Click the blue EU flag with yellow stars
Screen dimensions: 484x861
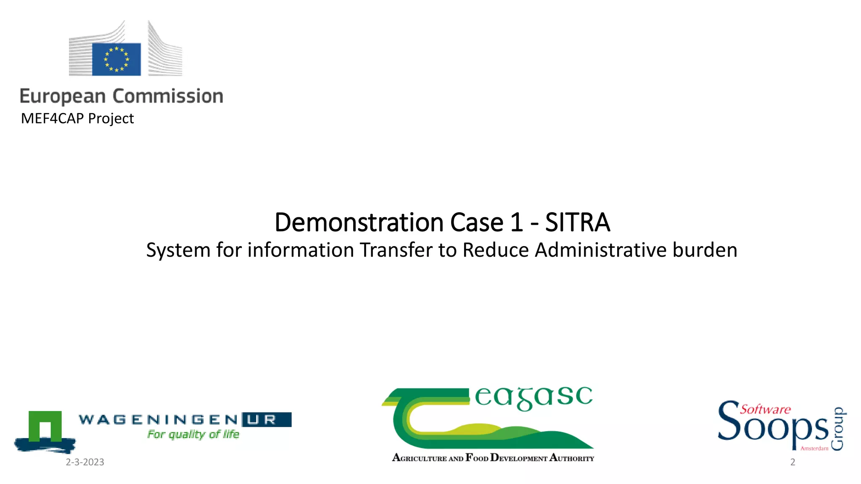pos(116,59)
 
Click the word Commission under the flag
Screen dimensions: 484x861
pos(168,96)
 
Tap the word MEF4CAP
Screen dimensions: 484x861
pos(52,118)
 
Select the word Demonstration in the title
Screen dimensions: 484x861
pos(359,222)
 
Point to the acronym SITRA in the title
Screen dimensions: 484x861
pos(577,222)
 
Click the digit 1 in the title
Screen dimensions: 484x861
pos(517,222)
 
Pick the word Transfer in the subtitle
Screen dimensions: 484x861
pos(396,250)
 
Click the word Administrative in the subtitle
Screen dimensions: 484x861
pos(601,250)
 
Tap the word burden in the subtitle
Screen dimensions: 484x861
pos(705,250)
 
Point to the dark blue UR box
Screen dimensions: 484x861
pos(267,419)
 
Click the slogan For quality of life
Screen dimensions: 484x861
pos(193,434)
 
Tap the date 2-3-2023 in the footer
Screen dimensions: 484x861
pos(85,462)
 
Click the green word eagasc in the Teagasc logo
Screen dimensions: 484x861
pos(534,397)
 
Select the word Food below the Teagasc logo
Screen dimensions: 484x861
pos(477,458)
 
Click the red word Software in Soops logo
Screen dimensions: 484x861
pos(765,409)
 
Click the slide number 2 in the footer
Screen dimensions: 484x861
pos(792,462)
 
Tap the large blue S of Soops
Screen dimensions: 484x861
pos(729,420)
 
